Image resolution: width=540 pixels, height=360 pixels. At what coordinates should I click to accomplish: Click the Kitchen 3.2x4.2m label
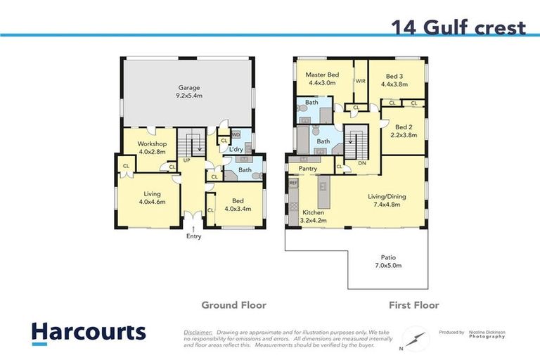314,215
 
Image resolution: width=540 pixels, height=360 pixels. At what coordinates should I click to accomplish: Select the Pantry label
308,169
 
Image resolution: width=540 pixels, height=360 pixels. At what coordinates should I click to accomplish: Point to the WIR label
360,82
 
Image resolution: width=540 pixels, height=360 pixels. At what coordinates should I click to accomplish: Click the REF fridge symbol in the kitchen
292,183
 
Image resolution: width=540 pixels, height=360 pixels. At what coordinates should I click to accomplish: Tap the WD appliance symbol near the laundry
236,134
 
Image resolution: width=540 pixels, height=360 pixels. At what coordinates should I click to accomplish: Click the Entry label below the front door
193,236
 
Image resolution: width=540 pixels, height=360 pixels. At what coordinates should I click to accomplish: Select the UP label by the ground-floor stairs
187,160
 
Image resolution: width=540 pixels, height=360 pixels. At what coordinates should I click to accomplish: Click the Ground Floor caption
233,305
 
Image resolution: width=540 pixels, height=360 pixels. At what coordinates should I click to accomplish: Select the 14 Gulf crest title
458,27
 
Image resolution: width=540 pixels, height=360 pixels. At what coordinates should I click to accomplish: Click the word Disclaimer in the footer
198,331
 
